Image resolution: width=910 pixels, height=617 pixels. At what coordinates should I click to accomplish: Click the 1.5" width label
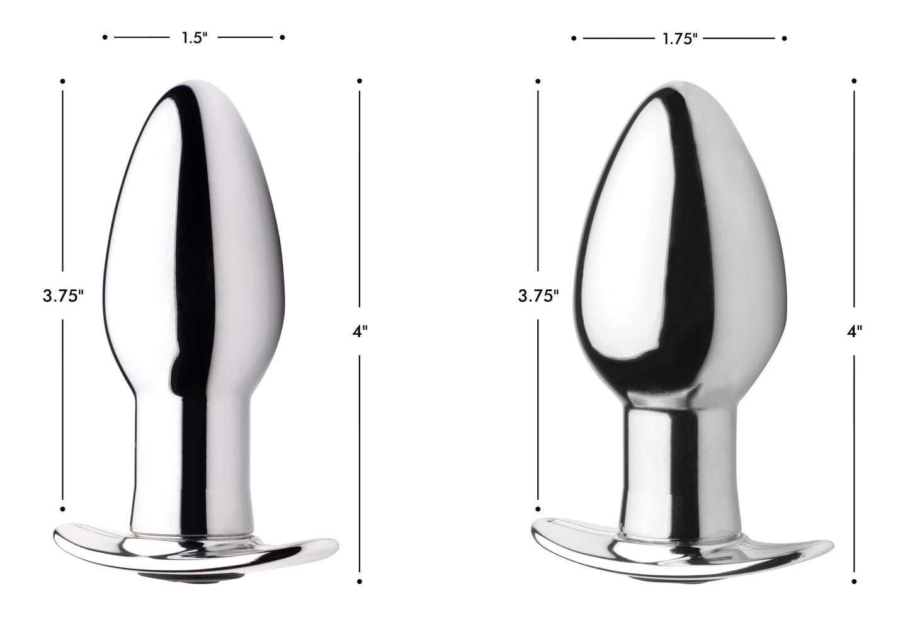(195, 38)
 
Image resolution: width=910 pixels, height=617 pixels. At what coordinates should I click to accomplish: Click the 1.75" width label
(680, 39)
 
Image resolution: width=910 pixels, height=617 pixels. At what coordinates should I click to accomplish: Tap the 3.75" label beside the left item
(64, 297)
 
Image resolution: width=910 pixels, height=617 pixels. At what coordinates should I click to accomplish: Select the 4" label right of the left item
(360, 332)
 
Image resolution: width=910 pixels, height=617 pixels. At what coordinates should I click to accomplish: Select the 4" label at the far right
(854, 332)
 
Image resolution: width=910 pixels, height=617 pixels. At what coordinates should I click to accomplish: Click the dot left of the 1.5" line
(105, 38)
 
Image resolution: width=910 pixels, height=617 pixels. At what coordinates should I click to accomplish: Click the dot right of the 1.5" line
(283, 38)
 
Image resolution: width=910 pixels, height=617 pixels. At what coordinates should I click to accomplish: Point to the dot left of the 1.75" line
(574, 38)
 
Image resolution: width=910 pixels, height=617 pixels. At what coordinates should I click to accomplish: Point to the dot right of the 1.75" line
(785, 38)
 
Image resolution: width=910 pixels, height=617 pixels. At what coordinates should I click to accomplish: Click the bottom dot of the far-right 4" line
(855, 580)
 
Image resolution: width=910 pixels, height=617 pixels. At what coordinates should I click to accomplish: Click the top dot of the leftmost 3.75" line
(62, 81)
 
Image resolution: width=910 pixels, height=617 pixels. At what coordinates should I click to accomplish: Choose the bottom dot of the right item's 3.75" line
(538, 508)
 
